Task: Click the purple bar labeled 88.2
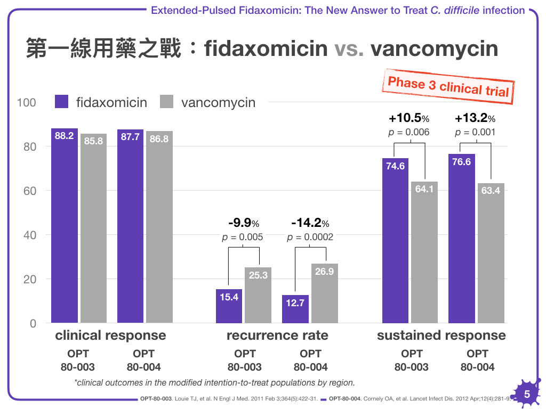pos(65,226)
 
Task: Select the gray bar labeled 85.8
pos(94,228)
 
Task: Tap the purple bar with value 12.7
pos(295,309)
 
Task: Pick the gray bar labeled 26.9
pos(324,293)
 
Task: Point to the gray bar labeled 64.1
pos(424,252)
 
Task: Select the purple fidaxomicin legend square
pos(62,102)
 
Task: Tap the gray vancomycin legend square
pos(167,102)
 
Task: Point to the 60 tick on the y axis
pos(29,191)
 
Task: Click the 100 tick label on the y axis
pos(27,102)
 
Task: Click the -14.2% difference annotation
pos(310,223)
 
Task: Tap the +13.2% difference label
pos(475,118)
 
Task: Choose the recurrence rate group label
pos(277,336)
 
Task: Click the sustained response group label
pos(441,336)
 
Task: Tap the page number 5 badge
pos(526,395)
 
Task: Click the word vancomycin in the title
pos(434,48)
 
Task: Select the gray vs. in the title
pos(349,48)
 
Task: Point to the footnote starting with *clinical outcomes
pos(214,382)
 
